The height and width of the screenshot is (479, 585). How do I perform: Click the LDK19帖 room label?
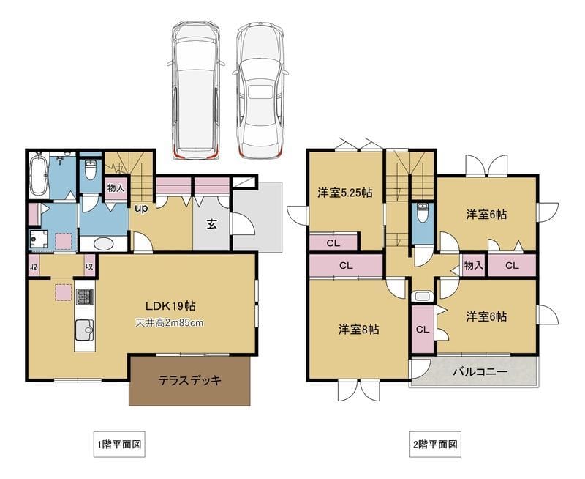point(169,305)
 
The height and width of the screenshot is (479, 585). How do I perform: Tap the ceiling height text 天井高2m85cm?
point(169,322)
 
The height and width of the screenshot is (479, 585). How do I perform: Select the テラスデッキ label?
point(189,380)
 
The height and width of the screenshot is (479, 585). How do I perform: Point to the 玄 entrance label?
point(211,224)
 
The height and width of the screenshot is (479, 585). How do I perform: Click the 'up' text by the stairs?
point(141,208)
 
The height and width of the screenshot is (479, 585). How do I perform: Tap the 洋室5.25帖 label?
point(345,193)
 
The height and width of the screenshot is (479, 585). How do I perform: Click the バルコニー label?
point(479,372)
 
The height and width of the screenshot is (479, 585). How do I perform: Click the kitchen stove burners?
point(85,298)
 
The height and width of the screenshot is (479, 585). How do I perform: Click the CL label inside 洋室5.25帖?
point(332,242)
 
